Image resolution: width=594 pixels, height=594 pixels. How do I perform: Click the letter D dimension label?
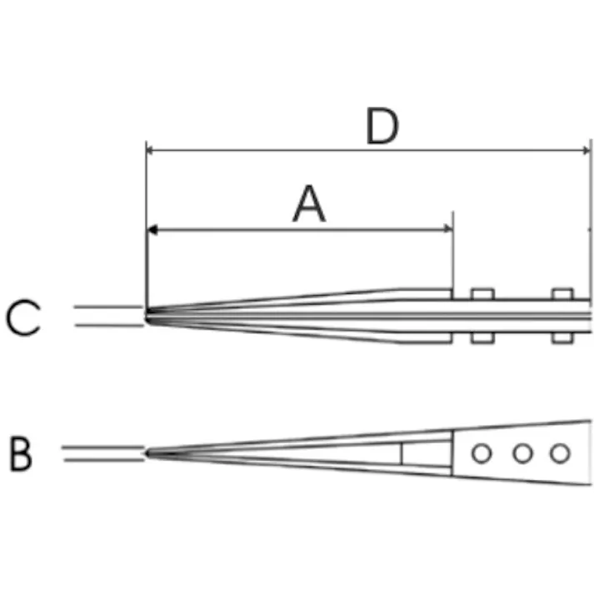[382, 127]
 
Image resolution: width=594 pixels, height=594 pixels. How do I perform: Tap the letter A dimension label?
[309, 205]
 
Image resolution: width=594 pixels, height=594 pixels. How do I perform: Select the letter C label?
[23, 317]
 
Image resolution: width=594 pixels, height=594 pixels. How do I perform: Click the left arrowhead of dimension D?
[151, 151]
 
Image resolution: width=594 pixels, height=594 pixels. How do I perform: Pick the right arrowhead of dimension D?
[586, 151]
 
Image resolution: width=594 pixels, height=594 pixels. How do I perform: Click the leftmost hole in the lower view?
[481, 453]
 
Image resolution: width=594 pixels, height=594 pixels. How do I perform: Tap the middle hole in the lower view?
[522, 453]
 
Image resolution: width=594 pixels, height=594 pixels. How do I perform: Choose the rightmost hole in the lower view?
[560, 453]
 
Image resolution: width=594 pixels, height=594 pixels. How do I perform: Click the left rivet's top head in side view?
[481, 293]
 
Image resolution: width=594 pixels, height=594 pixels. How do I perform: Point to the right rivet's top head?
[563, 293]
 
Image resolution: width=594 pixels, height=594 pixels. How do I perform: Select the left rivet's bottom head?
[481, 338]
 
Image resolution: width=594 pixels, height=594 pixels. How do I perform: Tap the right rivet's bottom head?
[563, 338]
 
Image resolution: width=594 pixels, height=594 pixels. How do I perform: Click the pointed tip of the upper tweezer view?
[147, 316]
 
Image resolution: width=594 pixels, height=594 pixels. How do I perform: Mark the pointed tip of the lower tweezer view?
[147, 452]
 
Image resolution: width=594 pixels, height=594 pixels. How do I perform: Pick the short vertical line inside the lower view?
[402, 453]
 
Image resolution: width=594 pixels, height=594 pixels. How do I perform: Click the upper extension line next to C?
[108, 307]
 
